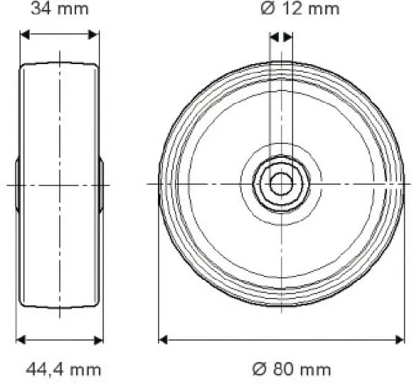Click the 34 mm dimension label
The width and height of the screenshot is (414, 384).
click(x=59, y=9)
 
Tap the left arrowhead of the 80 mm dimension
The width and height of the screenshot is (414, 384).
click(x=164, y=339)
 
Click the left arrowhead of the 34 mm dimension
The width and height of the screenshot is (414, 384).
click(x=24, y=34)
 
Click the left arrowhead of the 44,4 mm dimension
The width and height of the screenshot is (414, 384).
click(x=20, y=339)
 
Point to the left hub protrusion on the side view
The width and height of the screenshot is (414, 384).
click(x=17, y=184)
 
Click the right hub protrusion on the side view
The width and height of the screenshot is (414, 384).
click(x=101, y=184)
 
